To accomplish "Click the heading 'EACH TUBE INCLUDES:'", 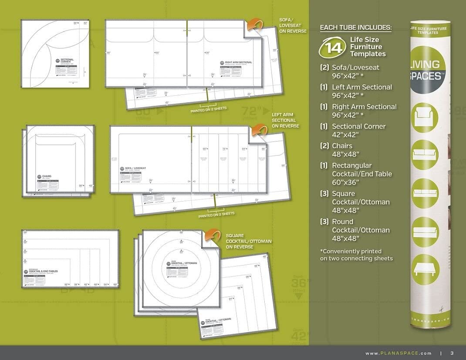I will pos(355,28).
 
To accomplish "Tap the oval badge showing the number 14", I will pos(332,47).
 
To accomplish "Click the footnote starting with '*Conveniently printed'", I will pos(356,255).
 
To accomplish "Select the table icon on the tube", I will pos(425,269).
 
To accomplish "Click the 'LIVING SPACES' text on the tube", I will pos(425,70).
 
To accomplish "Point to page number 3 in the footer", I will pos(452,353).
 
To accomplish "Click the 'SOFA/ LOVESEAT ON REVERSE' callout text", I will pos(293,25).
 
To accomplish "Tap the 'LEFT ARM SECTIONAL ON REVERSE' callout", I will pos(285,120).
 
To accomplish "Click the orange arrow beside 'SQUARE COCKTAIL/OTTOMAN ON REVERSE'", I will pos(212,235).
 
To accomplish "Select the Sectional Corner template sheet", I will pos(55,54).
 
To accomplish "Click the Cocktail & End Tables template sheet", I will pos(70,259).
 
